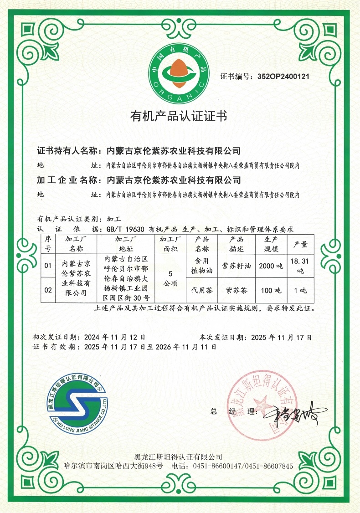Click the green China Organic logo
(180, 70)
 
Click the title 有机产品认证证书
(179, 116)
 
